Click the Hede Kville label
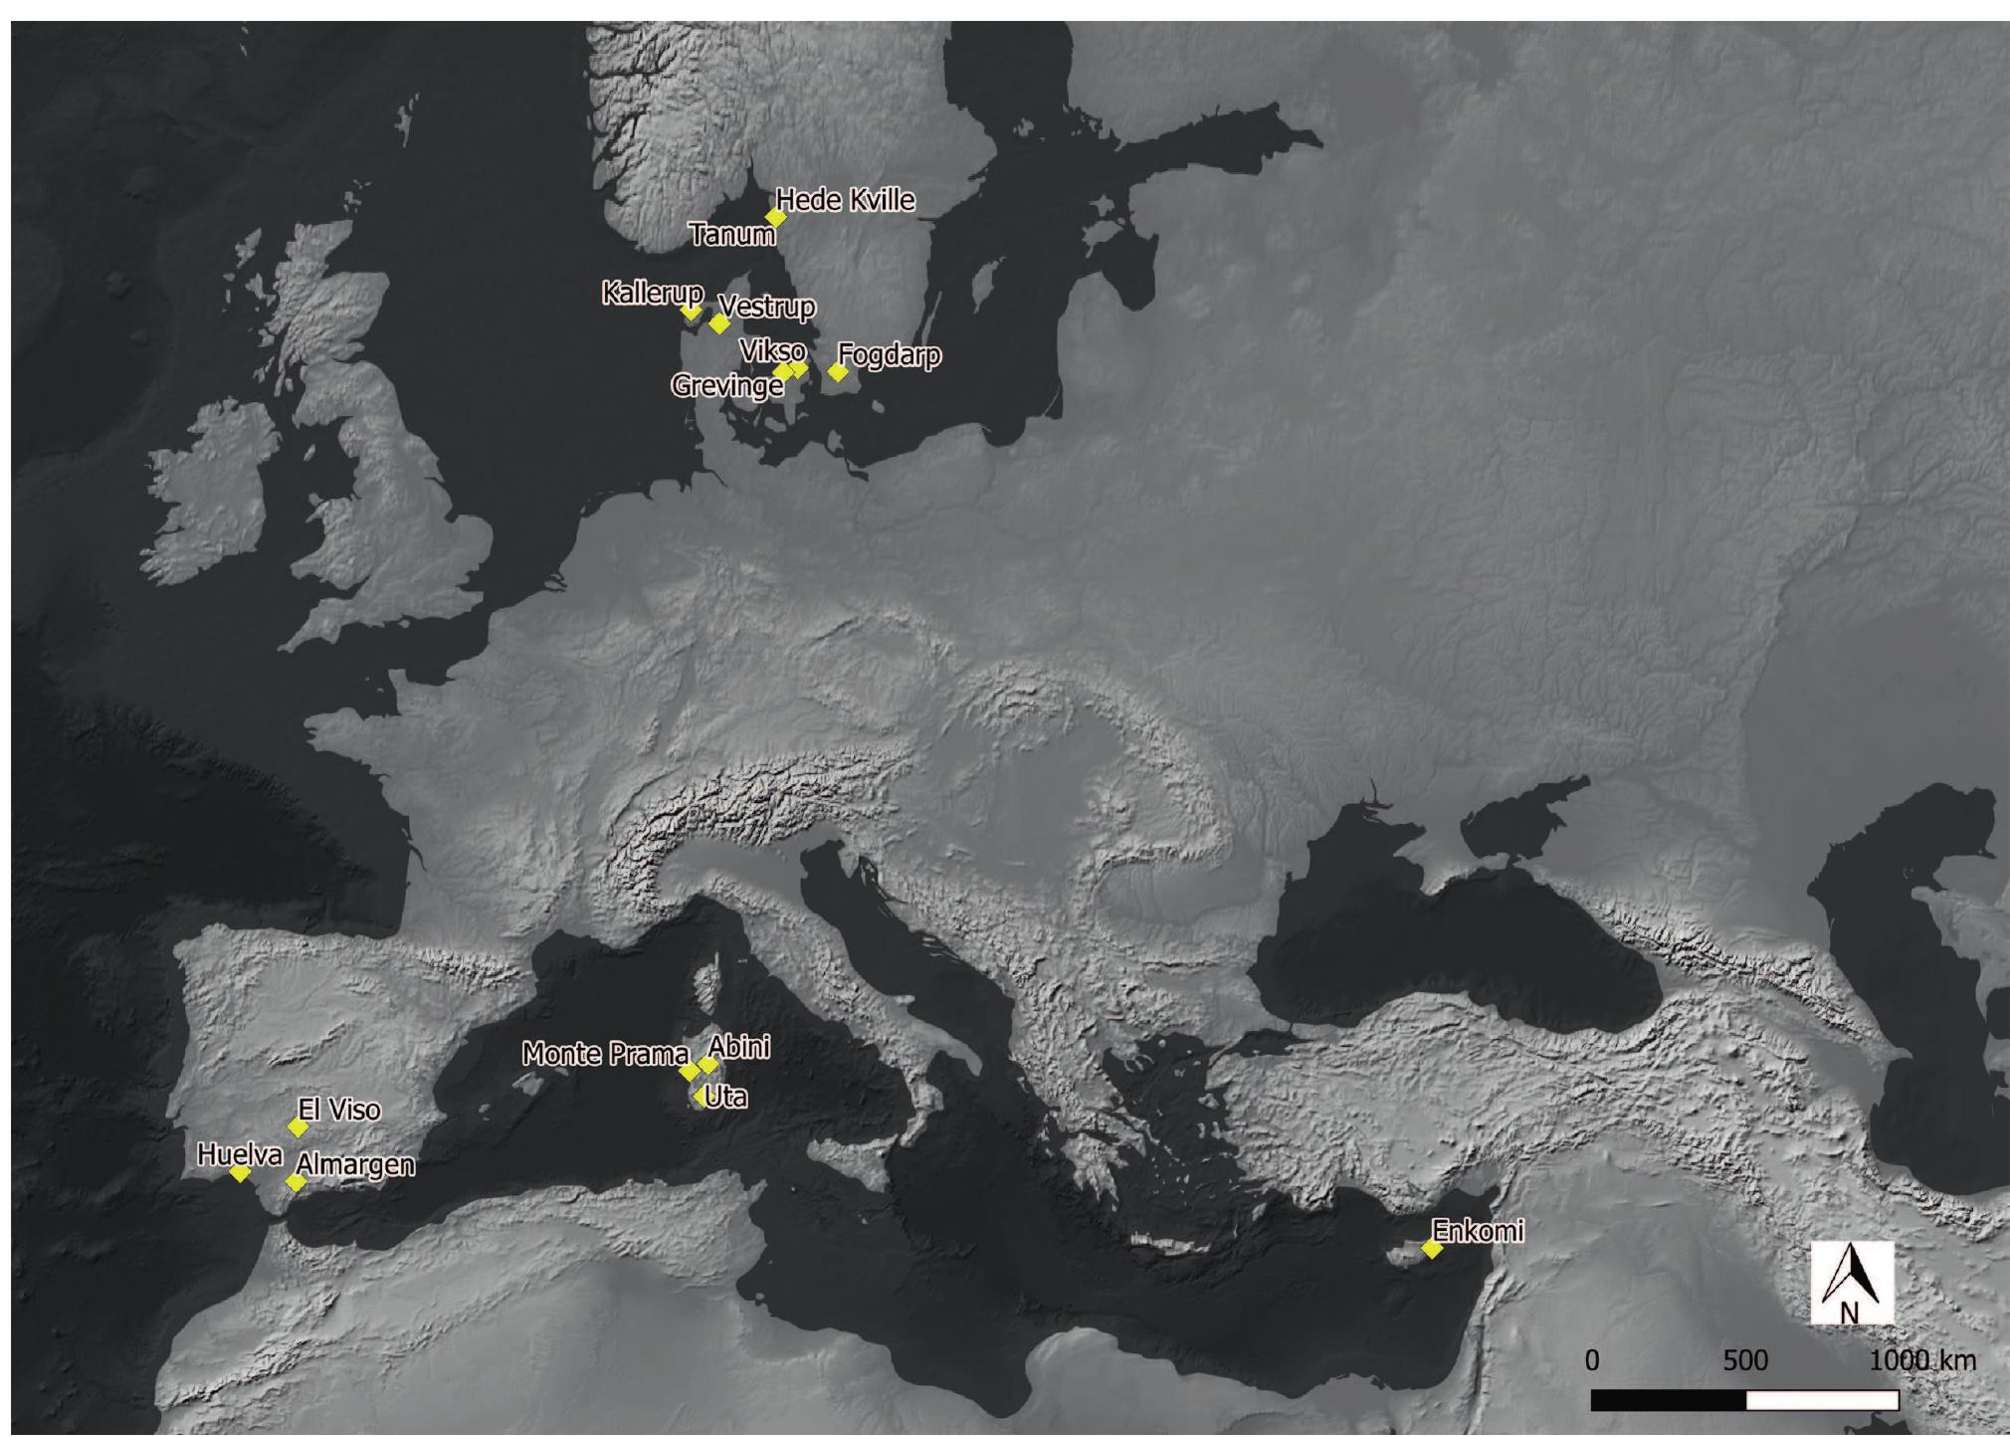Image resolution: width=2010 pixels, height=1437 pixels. (x=845, y=200)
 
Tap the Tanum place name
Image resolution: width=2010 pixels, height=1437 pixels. (x=732, y=235)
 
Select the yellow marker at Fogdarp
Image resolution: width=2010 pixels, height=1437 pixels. (x=838, y=372)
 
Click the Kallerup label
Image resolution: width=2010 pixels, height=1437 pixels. (x=652, y=293)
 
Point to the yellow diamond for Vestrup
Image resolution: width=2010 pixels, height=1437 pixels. (x=719, y=323)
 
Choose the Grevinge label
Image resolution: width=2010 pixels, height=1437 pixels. (x=726, y=386)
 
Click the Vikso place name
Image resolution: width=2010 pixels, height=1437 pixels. (x=772, y=350)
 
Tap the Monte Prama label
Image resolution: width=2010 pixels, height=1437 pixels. (x=605, y=1054)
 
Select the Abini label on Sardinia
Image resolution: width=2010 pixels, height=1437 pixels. (x=739, y=1047)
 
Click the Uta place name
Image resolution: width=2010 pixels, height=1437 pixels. (x=725, y=1097)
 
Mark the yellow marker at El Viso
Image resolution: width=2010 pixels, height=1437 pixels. (x=297, y=1127)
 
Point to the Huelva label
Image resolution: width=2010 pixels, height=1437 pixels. (x=240, y=1154)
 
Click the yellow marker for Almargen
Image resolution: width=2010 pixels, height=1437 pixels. (x=296, y=1182)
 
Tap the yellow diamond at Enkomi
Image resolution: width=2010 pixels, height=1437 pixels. (x=1432, y=1248)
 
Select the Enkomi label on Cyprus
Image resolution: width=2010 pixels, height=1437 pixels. (x=1479, y=1231)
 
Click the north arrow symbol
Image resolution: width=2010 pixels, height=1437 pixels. (x=1850, y=1284)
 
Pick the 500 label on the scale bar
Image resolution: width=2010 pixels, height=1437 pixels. (x=1745, y=1361)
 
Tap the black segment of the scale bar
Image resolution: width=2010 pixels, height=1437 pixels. (x=1669, y=1400)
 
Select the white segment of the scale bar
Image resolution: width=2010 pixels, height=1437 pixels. (x=1822, y=1400)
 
